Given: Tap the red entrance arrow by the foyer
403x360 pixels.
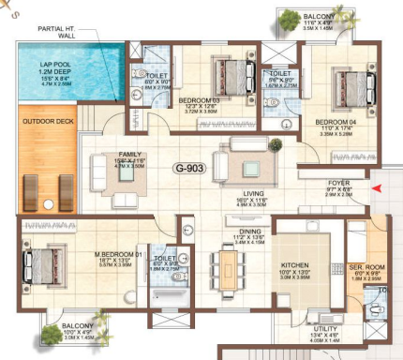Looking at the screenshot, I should click(377, 189).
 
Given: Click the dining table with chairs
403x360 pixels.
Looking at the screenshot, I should click(229, 271).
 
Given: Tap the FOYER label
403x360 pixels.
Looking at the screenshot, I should click(338, 183).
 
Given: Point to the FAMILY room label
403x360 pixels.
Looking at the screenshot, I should click(130, 155).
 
